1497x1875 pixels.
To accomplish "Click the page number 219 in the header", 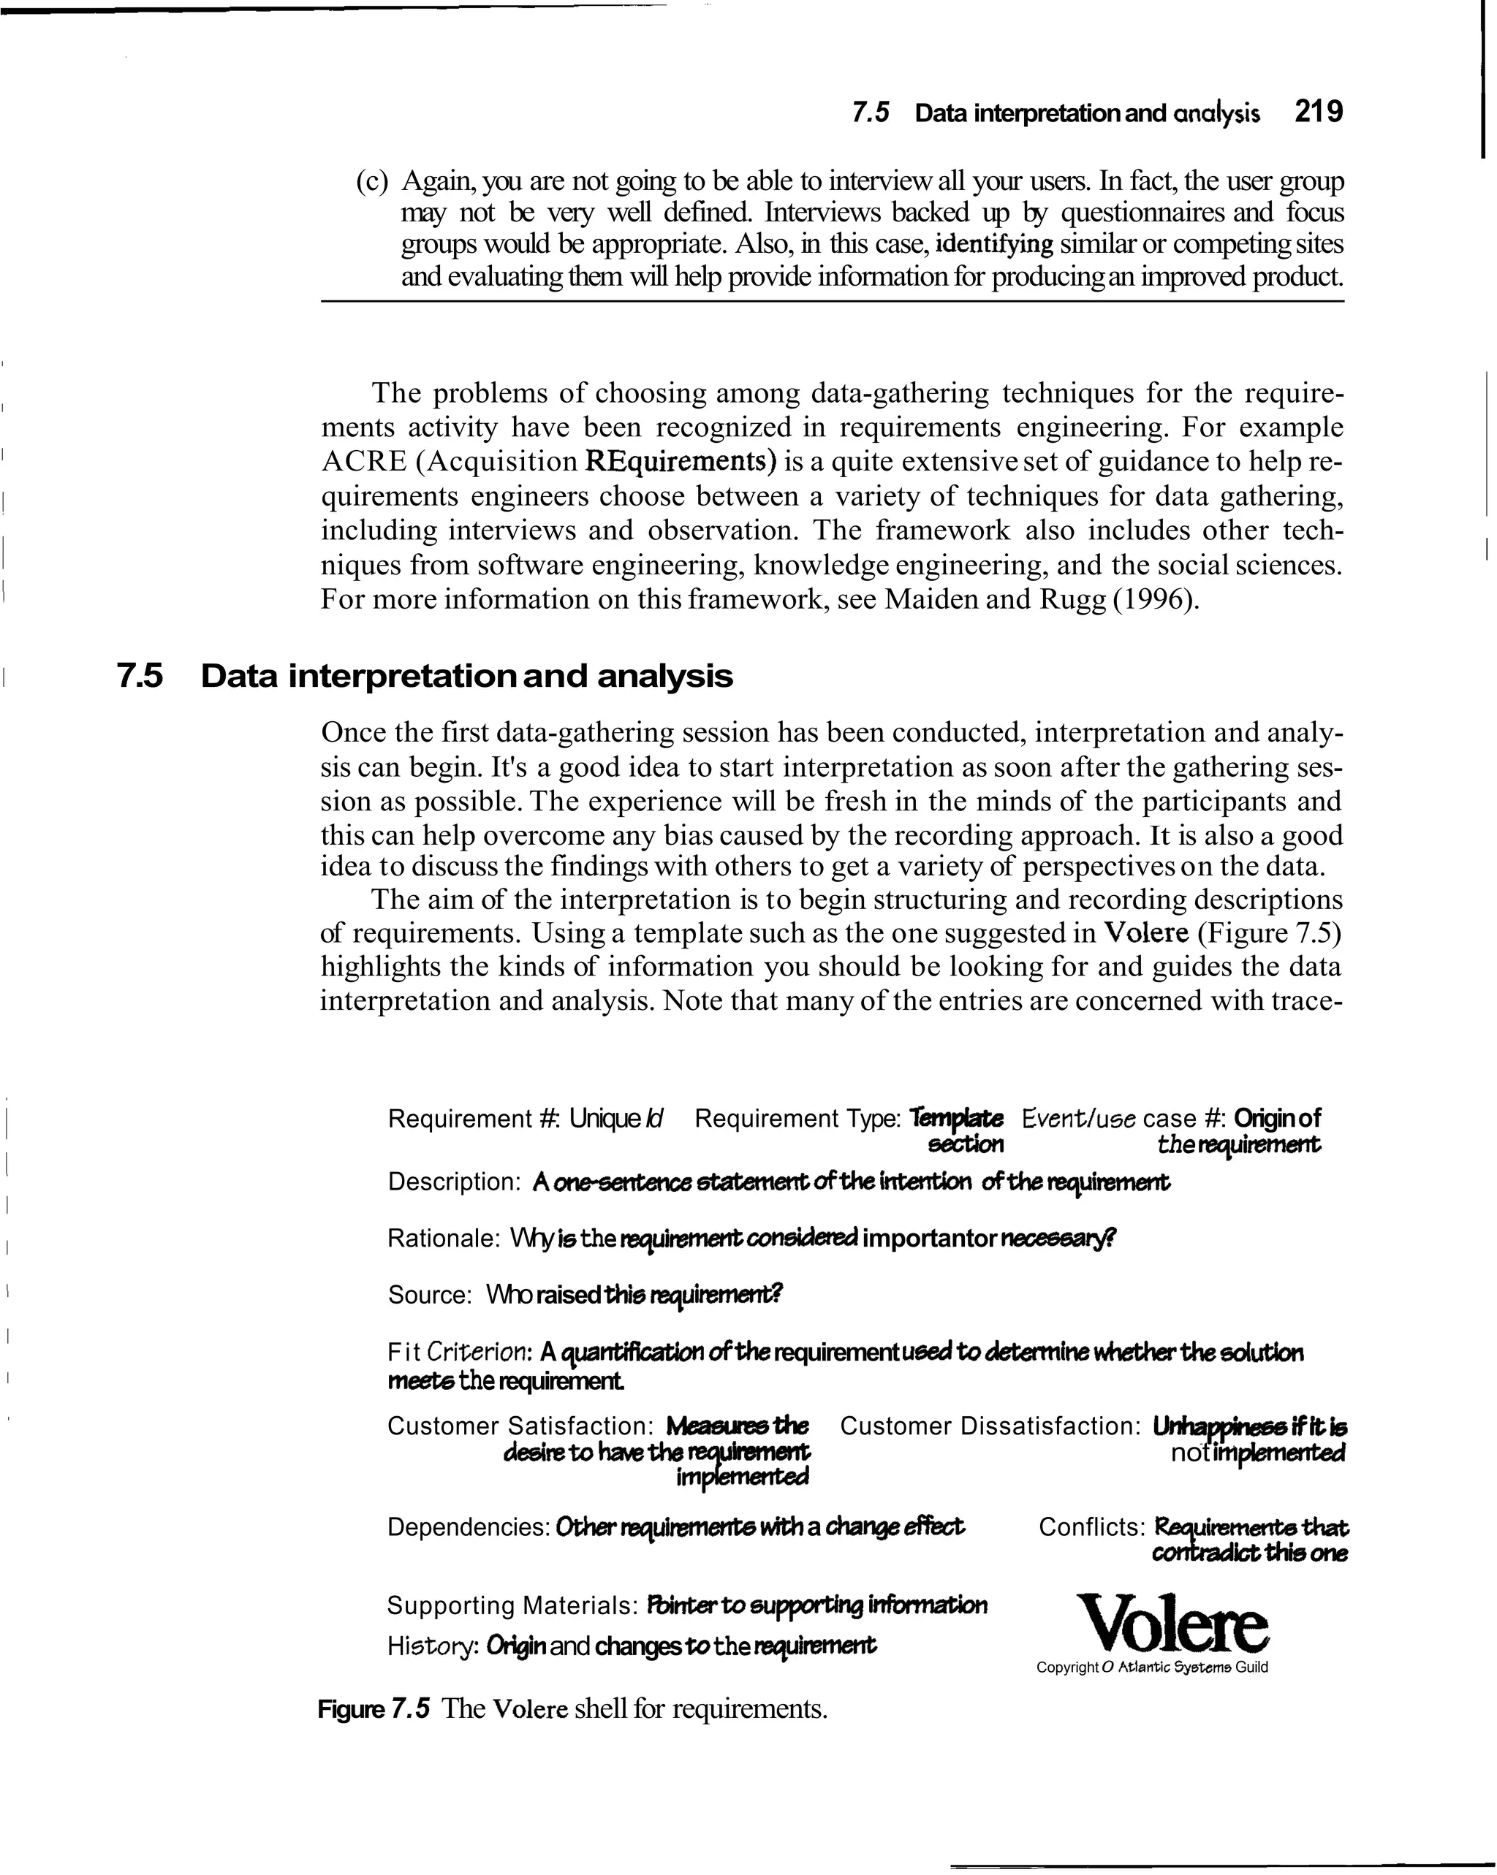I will pos(1318,113).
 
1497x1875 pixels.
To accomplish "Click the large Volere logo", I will pos(1172,1623).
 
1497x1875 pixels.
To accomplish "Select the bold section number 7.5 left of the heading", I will pos(140,677).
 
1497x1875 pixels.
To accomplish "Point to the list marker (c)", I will pos(374,182).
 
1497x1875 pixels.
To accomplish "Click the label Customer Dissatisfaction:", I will pos(990,1426).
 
